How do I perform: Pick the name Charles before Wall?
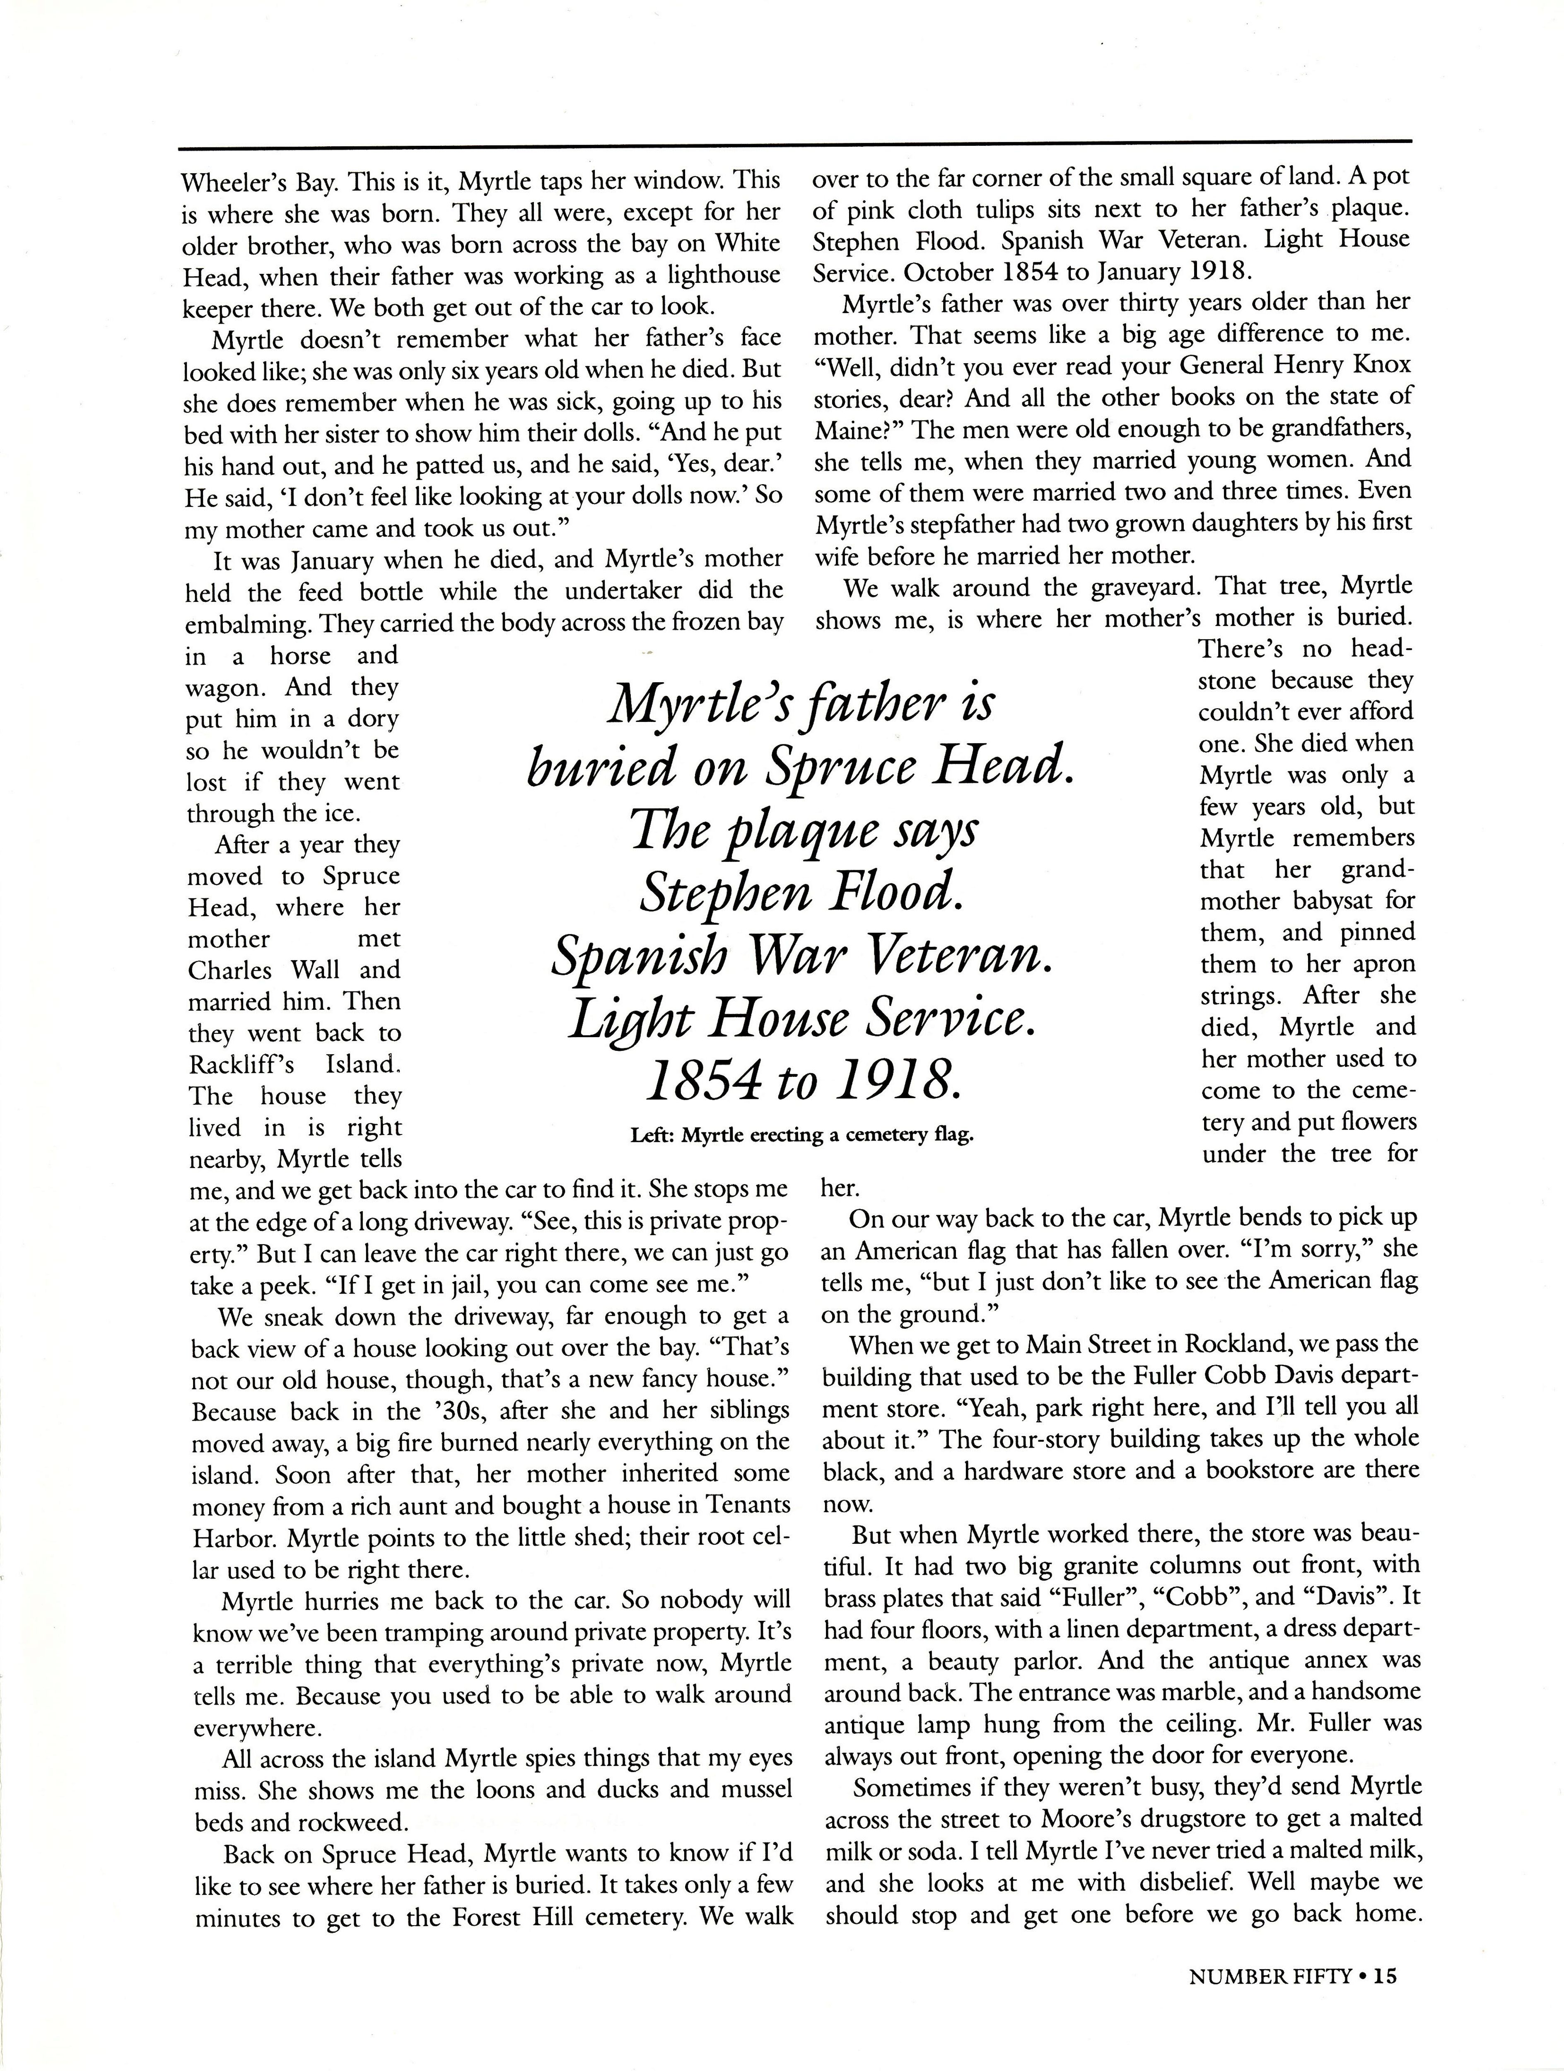coord(229,970)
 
